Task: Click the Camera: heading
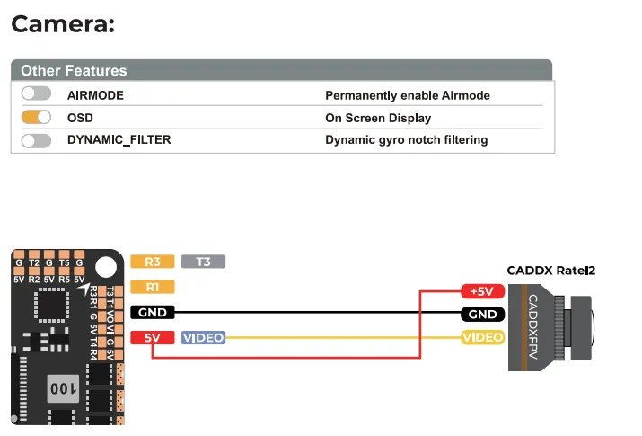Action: click(63, 23)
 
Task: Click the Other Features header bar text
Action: click(74, 70)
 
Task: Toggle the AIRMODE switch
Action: click(36, 94)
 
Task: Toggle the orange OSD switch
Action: click(36, 118)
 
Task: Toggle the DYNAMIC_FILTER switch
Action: click(36, 140)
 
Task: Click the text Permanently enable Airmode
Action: click(407, 95)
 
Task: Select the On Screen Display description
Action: click(377, 118)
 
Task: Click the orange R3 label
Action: click(152, 262)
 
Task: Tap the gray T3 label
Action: click(203, 262)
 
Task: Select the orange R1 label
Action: click(152, 287)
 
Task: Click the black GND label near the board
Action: click(152, 313)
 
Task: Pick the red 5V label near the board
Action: click(152, 338)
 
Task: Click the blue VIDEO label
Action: click(203, 338)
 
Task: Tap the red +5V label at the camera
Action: click(482, 291)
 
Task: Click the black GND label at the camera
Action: click(482, 315)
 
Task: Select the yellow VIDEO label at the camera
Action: click(482, 337)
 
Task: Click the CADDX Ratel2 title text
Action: click(550, 270)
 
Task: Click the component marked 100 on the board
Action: click(62, 388)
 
